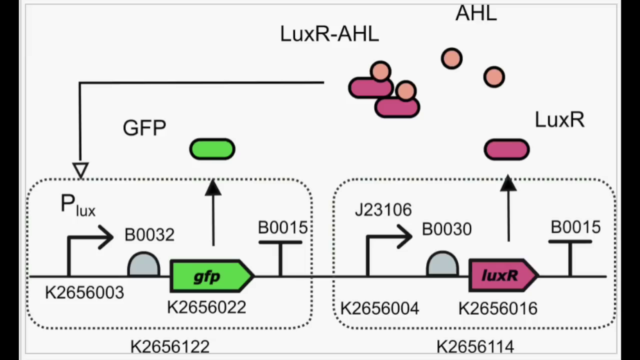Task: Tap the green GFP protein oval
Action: point(212,149)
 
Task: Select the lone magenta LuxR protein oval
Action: point(506,150)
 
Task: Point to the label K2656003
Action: point(84,293)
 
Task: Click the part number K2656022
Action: point(206,307)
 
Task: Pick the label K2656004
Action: point(379,308)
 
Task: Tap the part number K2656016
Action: point(498,308)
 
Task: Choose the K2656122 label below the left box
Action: point(169,346)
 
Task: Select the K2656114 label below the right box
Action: point(475,346)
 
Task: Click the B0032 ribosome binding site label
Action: point(149,235)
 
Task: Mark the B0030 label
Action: point(446,229)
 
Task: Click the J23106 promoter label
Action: point(383,210)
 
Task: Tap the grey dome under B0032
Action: point(143,265)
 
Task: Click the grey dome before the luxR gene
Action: point(442,264)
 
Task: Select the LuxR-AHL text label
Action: point(329,34)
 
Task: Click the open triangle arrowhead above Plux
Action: point(80,170)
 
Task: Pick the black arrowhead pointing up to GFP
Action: point(213,187)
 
